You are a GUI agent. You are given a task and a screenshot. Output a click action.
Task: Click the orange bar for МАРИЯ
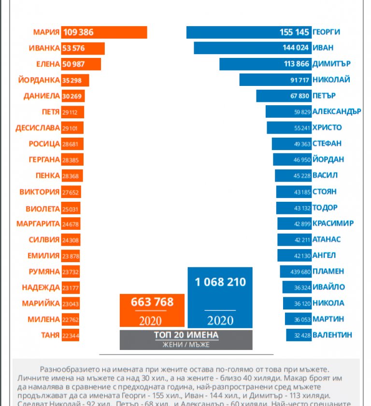[x=104, y=32]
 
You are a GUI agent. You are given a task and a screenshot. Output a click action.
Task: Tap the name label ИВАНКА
[x=44, y=48]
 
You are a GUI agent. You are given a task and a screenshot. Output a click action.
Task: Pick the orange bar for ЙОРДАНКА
[x=75, y=80]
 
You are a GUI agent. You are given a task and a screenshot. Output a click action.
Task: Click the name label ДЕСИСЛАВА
[x=38, y=128]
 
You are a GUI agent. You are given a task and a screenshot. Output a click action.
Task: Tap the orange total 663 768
[x=152, y=303]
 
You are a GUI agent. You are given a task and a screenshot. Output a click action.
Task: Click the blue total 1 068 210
[x=220, y=282]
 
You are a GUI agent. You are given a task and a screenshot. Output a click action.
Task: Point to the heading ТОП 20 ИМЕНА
[x=186, y=335]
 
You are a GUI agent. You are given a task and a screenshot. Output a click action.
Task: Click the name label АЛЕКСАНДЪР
[x=337, y=112]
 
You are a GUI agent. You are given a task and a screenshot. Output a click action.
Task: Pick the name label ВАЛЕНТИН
[x=332, y=335]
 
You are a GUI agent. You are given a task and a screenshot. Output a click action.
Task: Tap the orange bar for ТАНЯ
[x=71, y=335]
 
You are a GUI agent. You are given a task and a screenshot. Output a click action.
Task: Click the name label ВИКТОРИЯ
[x=39, y=192]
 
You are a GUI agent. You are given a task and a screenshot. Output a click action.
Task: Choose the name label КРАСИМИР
[x=333, y=224]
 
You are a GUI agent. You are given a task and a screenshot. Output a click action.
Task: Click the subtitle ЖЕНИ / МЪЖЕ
[x=186, y=344]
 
